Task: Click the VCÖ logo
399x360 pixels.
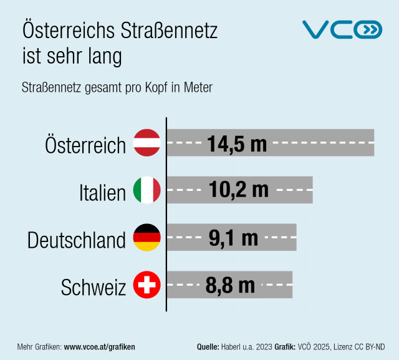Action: click(342, 30)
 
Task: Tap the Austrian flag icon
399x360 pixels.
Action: click(147, 143)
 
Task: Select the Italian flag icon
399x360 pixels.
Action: click(147, 190)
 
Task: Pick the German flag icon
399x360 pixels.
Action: click(147, 238)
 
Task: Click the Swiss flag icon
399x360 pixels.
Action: click(147, 286)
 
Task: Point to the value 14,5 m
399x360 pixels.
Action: click(237, 144)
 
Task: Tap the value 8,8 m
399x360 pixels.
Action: click(230, 286)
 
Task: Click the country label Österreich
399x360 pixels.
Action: click(85, 145)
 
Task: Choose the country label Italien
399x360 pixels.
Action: click(103, 192)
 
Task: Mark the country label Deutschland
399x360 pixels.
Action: click(77, 240)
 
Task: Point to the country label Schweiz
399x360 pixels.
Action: click(94, 288)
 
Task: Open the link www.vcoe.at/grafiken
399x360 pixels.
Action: click(100, 346)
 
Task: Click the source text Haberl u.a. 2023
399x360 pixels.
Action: click(246, 346)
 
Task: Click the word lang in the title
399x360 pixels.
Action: click(100, 56)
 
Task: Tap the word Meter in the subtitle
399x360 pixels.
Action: click(198, 87)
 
